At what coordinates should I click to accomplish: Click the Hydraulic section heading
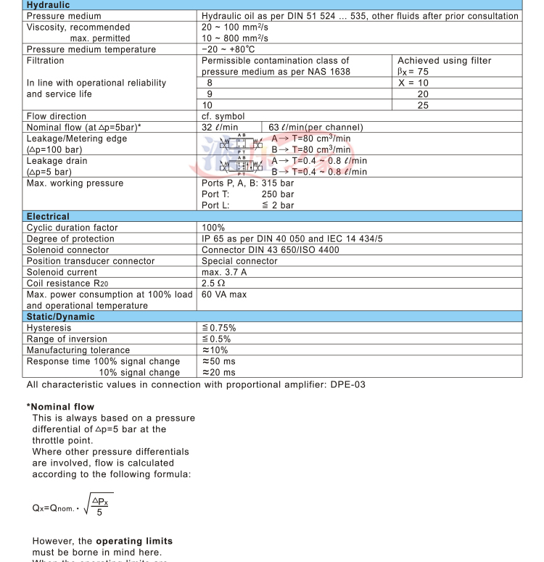click(48, 4)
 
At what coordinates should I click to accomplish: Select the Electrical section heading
click(48, 216)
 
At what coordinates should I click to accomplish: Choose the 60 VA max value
click(225, 294)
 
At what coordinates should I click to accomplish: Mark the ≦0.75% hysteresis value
click(218, 328)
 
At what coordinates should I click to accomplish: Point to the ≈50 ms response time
click(218, 361)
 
